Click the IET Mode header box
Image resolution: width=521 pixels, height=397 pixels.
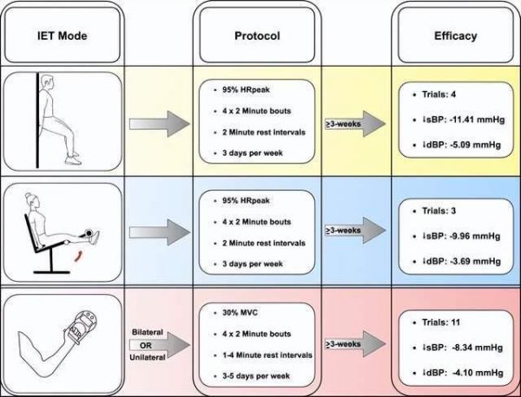tap(63, 35)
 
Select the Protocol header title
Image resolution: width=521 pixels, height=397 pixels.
tap(257, 36)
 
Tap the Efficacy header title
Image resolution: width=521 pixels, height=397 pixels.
tap(456, 36)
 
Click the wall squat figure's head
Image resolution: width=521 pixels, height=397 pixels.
tap(47, 82)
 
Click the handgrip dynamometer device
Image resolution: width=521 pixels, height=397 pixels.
tap(81, 327)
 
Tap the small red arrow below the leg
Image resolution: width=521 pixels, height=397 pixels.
tap(78, 256)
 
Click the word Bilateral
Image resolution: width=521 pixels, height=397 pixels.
tap(148, 332)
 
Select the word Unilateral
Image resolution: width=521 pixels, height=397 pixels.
tap(148, 357)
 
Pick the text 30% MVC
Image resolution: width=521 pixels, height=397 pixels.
tap(240, 313)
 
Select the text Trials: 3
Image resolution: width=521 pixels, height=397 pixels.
tap(439, 211)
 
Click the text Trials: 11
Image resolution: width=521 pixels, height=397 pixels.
tap(441, 322)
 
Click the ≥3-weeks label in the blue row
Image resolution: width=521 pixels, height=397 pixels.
tap(343, 231)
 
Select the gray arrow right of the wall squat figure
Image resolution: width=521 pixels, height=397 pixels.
tap(160, 124)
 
